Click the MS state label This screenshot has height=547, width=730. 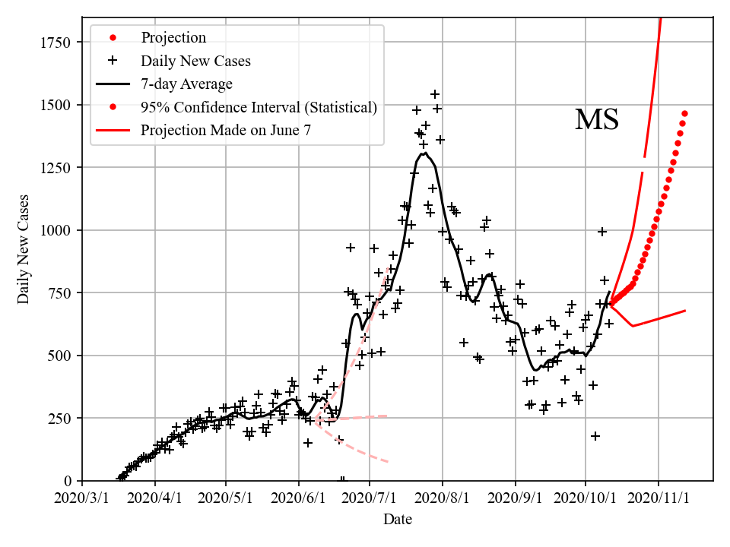(x=596, y=120)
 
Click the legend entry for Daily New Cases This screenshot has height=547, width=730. (x=195, y=61)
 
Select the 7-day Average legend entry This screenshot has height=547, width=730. (x=186, y=84)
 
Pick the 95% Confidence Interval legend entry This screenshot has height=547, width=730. (x=259, y=107)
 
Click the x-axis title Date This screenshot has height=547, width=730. (x=398, y=520)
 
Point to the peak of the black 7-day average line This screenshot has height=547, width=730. (x=424, y=153)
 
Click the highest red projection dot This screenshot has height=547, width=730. (x=684, y=114)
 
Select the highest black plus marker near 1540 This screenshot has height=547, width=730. (x=435, y=94)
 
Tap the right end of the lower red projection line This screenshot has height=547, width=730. (x=685, y=311)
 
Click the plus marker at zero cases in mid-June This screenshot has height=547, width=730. (x=342, y=480)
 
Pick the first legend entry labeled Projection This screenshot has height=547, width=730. (x=173, y=38)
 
